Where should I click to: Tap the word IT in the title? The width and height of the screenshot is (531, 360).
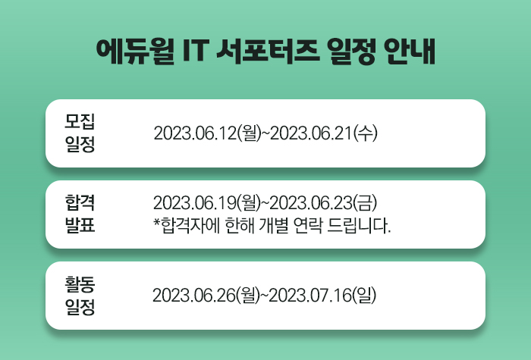click(x=199, y=52)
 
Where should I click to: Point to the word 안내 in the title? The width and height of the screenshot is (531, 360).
click(x=409, y=52)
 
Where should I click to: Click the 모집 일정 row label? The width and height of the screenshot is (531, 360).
click(x=80, y=133)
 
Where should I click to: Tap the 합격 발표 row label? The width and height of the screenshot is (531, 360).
click(x=80, y=214)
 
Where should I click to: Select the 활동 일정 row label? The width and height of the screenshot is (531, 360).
click(x=80, y=295)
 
